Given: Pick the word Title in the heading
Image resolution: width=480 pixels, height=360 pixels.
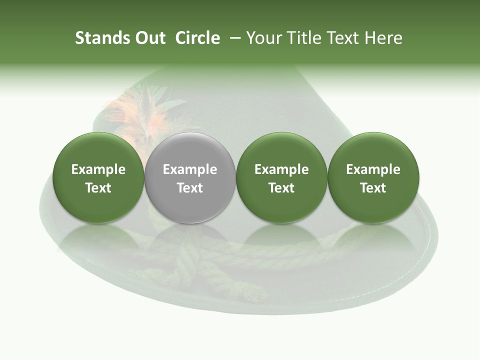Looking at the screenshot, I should tap(303, 38).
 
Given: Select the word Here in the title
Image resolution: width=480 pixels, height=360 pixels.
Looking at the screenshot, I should tap(383, 38).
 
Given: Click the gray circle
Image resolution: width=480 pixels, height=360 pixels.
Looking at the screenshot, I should tap(190, 177).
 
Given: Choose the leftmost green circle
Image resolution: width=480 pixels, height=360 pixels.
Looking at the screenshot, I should tap(98, 177).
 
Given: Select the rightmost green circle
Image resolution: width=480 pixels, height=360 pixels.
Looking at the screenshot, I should tap(373, 177).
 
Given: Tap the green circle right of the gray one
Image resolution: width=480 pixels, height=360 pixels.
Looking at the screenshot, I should tap(281, 177).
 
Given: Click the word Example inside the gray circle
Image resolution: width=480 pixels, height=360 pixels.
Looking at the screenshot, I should tap(190, 169).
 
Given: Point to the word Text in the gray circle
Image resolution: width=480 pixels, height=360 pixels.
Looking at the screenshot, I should tap(190, 188).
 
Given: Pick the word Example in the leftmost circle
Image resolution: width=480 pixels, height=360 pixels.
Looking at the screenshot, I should tap(98, 169).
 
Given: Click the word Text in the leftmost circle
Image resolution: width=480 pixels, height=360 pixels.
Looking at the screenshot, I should tap(98, 188).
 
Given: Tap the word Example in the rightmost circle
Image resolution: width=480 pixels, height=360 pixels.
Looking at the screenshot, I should tap(373, 169).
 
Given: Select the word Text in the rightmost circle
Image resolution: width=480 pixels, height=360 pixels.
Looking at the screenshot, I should tap(373, 188).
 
